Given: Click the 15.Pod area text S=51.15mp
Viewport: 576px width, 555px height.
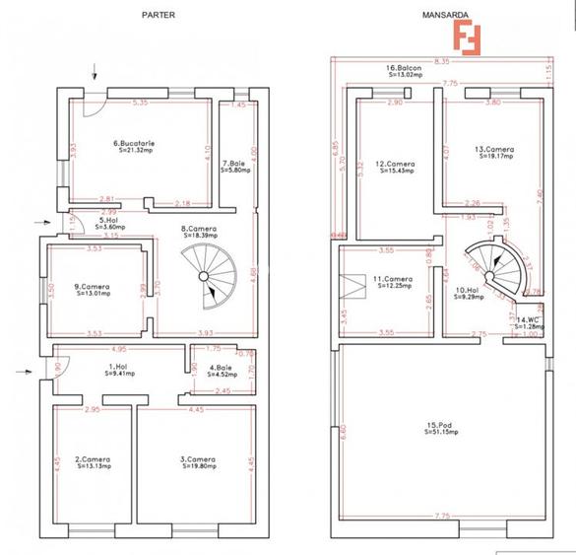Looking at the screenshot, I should pos(439,432).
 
